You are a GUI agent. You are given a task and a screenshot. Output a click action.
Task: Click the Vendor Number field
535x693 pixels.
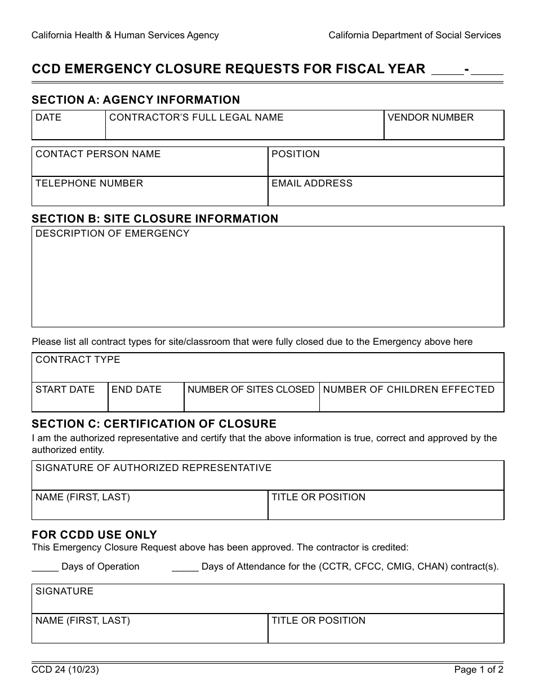(444, 130)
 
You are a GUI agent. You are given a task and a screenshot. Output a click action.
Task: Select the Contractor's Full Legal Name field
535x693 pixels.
(244, 130)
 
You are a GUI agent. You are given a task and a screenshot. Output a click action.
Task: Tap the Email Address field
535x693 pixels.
(386, 196)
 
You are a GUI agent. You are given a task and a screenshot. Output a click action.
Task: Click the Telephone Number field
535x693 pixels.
(150, 196)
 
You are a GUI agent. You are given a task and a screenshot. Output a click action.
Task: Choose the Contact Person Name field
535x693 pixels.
(150, 166)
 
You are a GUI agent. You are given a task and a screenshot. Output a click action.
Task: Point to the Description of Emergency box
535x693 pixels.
(267, 282)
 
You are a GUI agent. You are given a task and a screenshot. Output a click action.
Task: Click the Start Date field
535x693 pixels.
(70, 402)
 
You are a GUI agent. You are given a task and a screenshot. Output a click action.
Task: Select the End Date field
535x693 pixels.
(146, 402)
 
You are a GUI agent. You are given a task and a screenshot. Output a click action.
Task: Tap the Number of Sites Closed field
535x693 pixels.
(251, 402)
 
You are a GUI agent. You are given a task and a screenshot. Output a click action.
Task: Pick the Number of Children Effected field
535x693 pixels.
(411, 402)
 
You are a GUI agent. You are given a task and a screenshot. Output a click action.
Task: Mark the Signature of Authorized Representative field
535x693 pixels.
(267, 479)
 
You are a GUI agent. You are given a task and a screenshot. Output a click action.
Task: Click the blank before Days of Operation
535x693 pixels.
(45, 567)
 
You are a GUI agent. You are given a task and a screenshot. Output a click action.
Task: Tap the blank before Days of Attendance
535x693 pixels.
(185, 567)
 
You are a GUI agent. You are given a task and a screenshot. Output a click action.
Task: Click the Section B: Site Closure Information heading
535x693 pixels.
(155, 219)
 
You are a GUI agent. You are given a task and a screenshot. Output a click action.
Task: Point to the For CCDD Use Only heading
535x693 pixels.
(94, 535)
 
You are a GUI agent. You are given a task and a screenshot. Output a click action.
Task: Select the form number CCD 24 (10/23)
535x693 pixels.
(61, 670)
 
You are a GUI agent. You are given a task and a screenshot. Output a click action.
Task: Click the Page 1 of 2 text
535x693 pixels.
(479, 670)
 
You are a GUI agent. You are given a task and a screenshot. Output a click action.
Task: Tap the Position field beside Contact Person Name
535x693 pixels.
(386, 166)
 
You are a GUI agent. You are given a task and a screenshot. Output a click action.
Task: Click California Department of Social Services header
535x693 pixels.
(414, 35)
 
